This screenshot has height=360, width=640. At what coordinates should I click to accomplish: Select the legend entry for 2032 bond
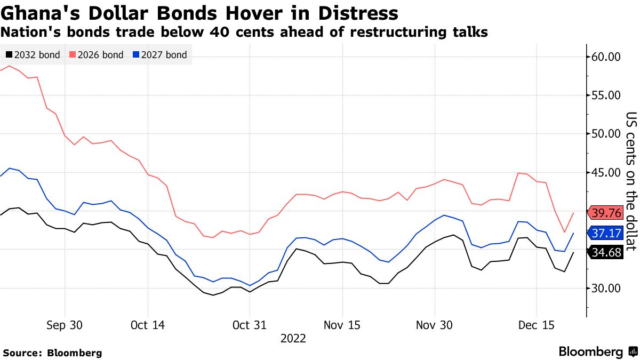(x=33, y=55)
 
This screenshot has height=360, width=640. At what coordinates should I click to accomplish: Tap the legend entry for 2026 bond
(x=97, y=55)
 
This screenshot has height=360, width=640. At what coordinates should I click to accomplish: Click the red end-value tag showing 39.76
(x=606, y=213)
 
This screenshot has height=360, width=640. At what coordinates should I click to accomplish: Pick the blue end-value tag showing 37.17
(x=606, y=233)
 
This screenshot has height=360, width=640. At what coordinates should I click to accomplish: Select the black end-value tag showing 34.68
(x=606, y=253)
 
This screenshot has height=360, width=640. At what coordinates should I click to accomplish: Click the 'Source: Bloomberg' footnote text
(x=52, y=353)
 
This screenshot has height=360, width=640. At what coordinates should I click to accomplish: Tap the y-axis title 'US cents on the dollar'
(x=631, y=181)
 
